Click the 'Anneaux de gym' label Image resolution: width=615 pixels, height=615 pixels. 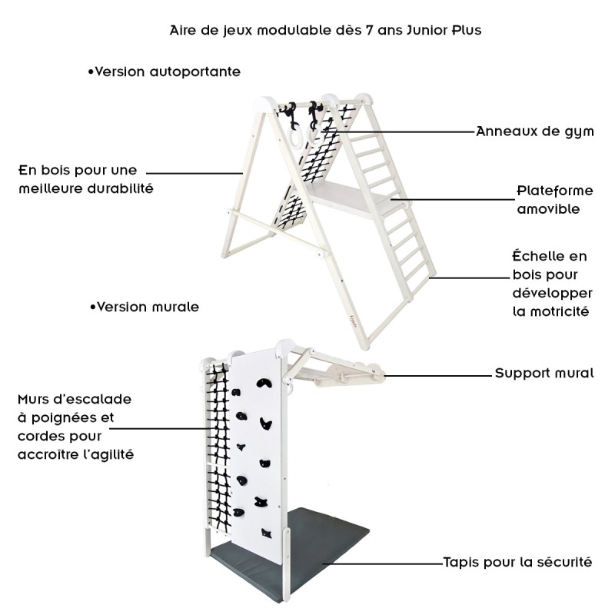point(535,131)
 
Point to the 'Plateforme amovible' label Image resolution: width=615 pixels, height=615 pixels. point(547,199)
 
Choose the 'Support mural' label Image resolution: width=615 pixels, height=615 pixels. point(544,374)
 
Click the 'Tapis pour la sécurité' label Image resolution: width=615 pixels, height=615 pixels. point(517,562)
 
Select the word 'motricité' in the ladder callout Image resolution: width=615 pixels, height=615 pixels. point(550,311)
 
